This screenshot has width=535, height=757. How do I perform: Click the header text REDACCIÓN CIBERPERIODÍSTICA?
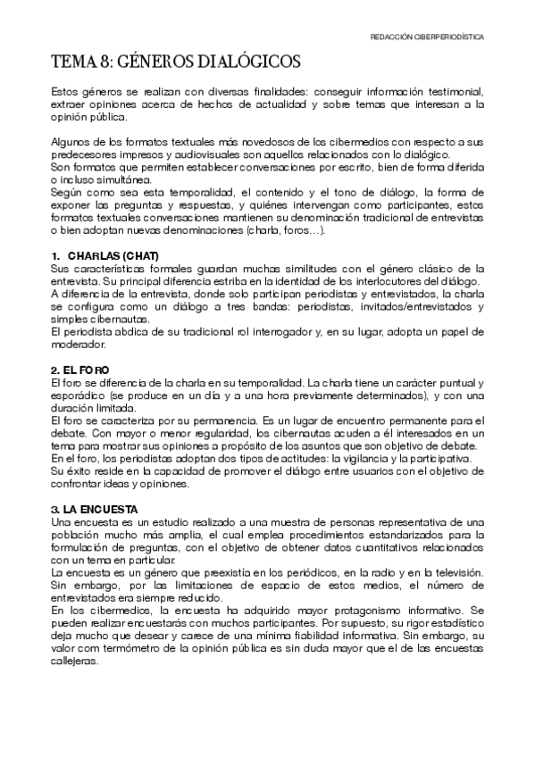(x=428, y=38)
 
